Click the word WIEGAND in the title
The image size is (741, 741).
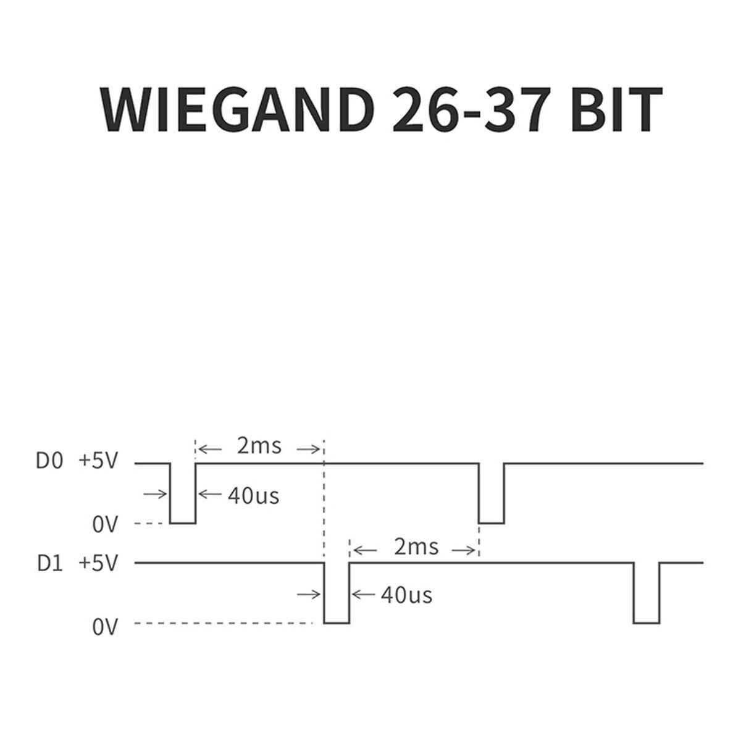[237, 109]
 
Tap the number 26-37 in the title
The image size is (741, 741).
[469, 109]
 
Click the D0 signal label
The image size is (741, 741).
[49, 461]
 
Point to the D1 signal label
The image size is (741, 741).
[50, 564]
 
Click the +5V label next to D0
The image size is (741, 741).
[98, 461]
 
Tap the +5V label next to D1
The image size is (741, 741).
[98, 564]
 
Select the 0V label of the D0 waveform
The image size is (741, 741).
[104, 524]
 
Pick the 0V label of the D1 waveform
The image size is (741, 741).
[104, 627]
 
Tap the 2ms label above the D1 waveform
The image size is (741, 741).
[416, 547]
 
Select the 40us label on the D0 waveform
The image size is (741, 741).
[253, 496]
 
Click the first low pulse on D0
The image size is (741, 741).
[183, 523]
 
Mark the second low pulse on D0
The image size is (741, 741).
[492, 523]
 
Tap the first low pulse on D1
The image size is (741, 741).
[337, 622]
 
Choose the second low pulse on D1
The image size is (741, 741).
[647, 622]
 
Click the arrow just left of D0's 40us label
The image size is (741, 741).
[211, 494]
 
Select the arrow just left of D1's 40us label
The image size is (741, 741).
[363, 595]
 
